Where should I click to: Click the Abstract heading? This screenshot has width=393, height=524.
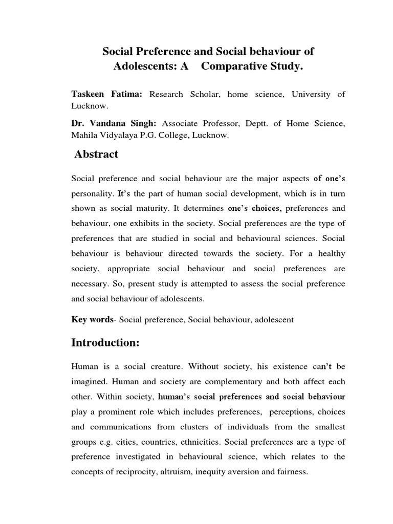tap(96, 154)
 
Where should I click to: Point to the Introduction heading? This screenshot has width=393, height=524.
tap(105, 343)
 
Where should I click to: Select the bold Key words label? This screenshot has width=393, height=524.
tap(92, 319)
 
